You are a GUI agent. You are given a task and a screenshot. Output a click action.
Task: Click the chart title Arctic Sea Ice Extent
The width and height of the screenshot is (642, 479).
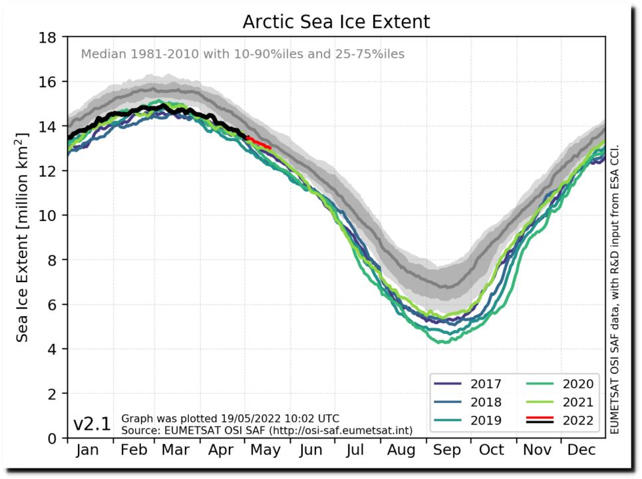336,22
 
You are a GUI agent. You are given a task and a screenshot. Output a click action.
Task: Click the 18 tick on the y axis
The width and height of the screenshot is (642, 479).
48,37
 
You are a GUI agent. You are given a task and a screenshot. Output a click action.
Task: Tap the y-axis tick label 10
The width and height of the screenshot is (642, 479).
48,215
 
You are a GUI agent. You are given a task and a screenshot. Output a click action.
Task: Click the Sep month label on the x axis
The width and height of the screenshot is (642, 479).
446,450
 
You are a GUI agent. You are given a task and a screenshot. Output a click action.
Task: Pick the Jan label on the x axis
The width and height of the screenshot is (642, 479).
88,450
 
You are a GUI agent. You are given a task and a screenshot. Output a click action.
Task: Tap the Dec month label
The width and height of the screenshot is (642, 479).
581,450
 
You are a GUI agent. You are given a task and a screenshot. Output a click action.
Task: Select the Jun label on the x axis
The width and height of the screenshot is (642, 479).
311,450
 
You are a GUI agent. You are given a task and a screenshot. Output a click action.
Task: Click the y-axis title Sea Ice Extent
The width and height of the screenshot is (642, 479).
23,237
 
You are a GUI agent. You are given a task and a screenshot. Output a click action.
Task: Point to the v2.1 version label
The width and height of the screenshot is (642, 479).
92,424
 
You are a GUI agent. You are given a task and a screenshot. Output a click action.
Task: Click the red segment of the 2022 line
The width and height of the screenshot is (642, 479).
259,142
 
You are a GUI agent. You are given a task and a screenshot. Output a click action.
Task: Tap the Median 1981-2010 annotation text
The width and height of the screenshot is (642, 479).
242,54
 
